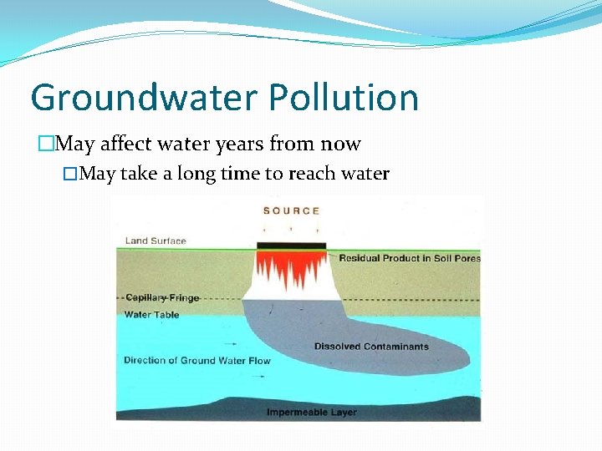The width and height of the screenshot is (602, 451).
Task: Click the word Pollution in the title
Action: pos(344,98)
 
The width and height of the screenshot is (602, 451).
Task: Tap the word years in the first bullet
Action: pos(237,144)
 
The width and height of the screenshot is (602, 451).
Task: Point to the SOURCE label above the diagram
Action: pos(291,210)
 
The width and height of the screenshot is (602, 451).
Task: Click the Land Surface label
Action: pos(156,241)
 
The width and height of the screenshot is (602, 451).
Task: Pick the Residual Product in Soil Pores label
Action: pos(410,258)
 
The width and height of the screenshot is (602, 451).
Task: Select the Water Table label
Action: pos(151,315)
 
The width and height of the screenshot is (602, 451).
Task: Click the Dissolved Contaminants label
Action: pos(371,347)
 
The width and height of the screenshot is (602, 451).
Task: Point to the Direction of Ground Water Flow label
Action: pos(197,361)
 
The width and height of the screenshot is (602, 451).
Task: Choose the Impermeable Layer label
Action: pos(311,413)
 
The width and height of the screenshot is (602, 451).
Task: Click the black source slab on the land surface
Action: pos(290,246)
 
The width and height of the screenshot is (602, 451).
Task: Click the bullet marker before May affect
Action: pos(45,144)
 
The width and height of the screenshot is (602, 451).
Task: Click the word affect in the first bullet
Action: pos(126,144)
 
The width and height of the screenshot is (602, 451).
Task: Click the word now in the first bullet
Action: pos(342,144)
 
